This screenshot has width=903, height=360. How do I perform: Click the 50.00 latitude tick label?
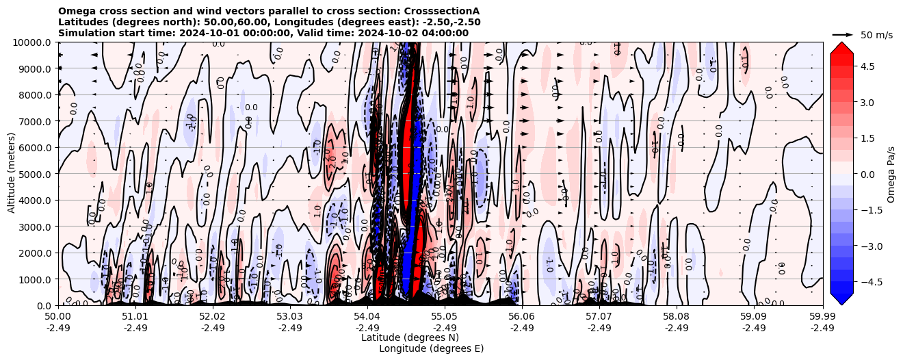[58, 317]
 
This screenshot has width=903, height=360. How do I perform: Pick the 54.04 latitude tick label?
[367, 317]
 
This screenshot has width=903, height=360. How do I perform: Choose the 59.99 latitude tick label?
[822, 317]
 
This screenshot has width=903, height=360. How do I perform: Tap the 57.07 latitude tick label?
[599, 317]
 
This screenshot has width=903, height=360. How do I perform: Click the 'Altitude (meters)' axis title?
[12, 174]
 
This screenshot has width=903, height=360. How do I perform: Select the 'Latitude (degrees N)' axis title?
[410, 337]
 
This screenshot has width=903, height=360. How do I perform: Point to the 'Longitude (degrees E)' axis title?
[431, 348]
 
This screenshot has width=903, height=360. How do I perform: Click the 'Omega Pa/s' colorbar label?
[891, 174]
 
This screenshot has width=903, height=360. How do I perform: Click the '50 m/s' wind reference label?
[876, 35]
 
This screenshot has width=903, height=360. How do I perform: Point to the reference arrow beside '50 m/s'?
[843, 34]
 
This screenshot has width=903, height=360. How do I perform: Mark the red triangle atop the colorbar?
[841, 47]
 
